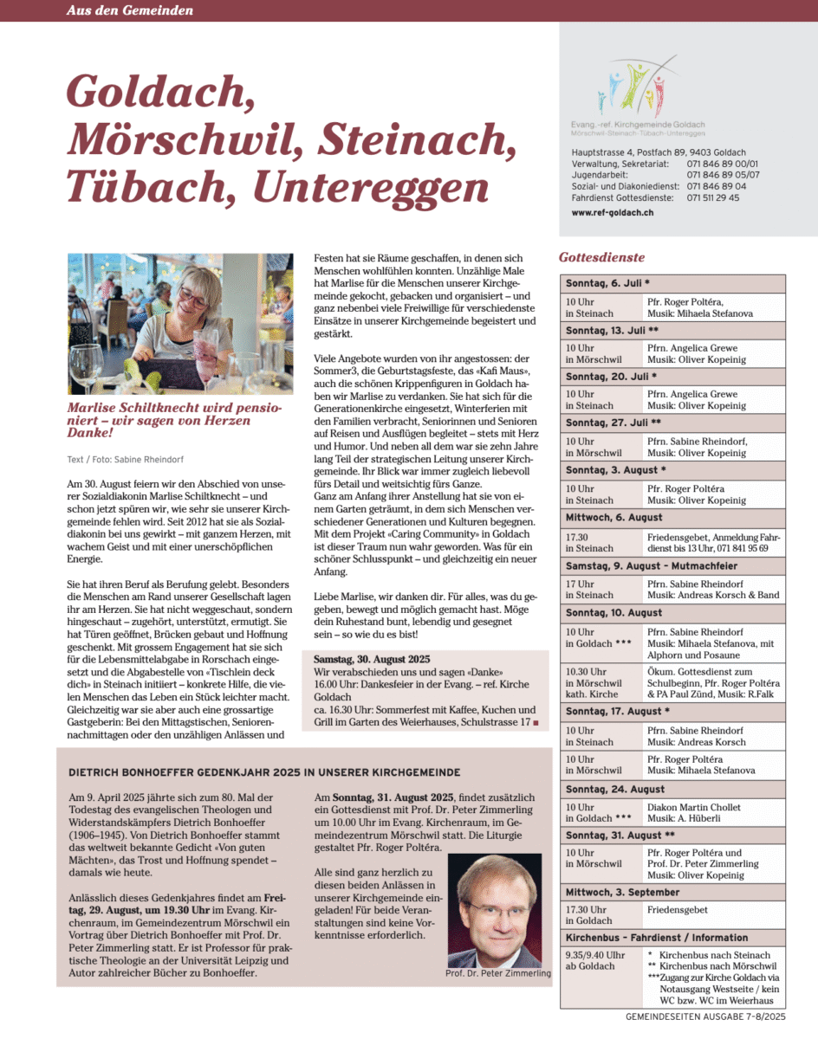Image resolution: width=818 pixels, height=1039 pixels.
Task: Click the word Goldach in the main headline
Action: [x=160, y=91]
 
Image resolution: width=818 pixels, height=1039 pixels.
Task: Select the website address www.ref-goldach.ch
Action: [x=612, y=212]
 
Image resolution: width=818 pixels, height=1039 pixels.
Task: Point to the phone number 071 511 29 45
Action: [x=713, y=197]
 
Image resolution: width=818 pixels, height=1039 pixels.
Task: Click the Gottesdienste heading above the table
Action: [x=601, y=257]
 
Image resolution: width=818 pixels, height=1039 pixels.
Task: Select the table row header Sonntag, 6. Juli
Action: [x=607, y=284]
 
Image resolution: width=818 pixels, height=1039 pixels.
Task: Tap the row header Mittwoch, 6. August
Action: [x=613, y=517]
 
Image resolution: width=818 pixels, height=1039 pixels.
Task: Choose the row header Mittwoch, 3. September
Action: [x=622, y=893]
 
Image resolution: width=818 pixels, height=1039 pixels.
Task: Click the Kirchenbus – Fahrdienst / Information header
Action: [x=657, y=938]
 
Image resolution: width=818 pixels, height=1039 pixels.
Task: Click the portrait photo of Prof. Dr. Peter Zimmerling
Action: [x=494, y=910]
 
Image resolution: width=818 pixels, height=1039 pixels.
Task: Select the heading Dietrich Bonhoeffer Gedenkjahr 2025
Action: [x=263, y=771]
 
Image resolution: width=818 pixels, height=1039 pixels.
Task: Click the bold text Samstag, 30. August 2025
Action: [x=372, y=660]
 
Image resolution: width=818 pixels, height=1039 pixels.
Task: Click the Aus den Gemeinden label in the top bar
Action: [x=130, y=10]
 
